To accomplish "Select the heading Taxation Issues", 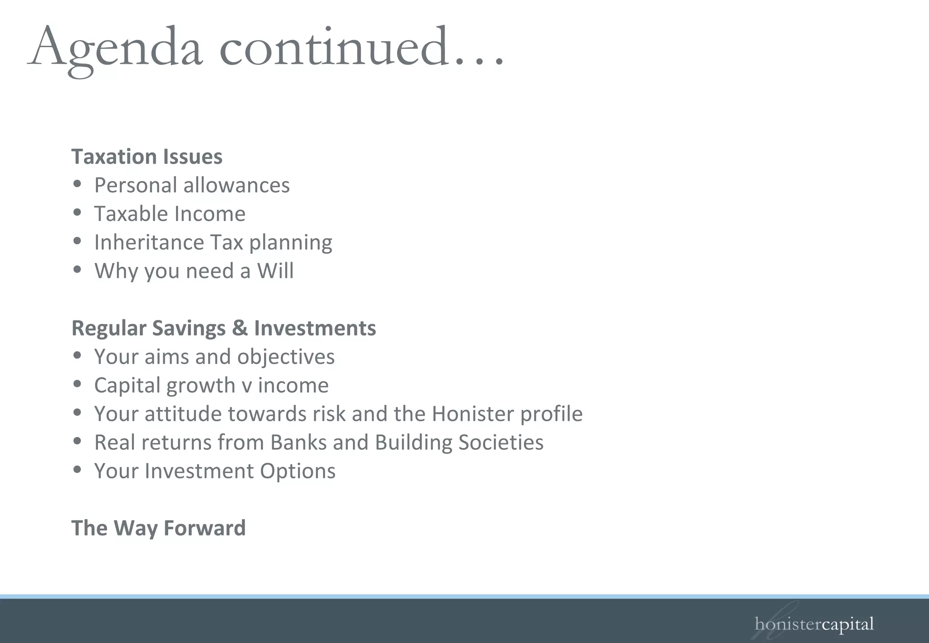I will click(x=147, y=157).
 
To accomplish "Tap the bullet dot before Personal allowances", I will click(x=77, y=184).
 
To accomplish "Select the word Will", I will click(x=275, y=271).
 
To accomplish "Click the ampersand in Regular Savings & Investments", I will click(x=240, y=328).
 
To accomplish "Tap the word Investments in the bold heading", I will click(x=315, y=328).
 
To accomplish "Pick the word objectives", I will click(x=286, y=357).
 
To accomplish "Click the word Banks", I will click(x=296, y=443).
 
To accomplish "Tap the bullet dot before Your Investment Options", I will click(x=77, y=470).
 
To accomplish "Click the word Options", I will click(x=298, y=471).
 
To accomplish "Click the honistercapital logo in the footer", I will click(x=814, y=624).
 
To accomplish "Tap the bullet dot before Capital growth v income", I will click(x=77, y=384).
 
